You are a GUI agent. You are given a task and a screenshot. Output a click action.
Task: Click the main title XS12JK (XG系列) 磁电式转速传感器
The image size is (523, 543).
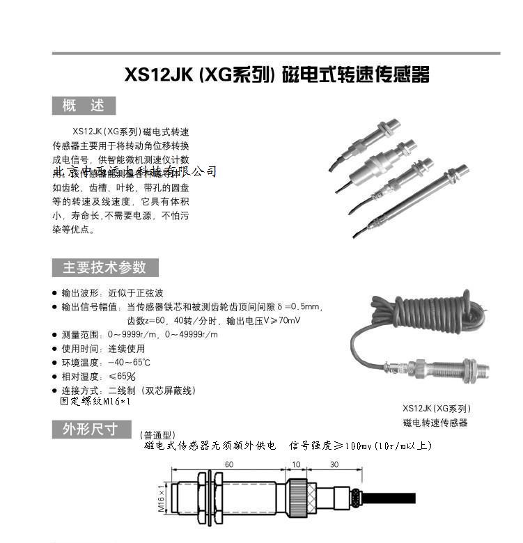point(276,74)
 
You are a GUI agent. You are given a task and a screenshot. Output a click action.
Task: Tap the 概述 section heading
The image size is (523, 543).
point(84,106)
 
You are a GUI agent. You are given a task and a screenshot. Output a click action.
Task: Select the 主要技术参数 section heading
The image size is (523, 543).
point(105,267)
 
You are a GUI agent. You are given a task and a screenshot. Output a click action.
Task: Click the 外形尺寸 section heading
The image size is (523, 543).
point(91,429)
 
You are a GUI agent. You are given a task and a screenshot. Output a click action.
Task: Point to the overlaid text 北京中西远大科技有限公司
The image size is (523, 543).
point(135,171)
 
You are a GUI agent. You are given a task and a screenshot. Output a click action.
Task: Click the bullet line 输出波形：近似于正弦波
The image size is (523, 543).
point(112,293)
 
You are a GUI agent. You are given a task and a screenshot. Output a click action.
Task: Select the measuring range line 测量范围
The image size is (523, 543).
point(139,335)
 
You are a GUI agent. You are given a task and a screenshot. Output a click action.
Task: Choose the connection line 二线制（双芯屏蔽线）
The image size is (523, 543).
point(128,390)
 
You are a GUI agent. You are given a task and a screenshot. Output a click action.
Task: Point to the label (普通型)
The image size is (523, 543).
point(159,435)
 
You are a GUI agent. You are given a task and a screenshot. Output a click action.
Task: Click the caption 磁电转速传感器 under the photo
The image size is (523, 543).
point(435,423)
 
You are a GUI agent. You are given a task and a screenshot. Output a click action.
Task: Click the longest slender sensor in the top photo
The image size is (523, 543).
point(414,198)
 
